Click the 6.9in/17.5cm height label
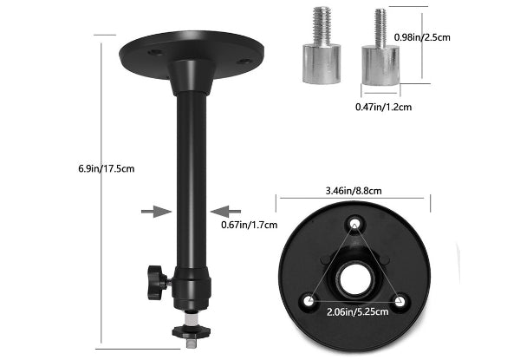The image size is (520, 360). coord(107,168)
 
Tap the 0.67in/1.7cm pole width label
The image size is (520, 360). coord(249,225)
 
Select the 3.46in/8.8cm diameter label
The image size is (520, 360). coord(354,191)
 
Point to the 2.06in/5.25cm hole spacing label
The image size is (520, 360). coord(357,312)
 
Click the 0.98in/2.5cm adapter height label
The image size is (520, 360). coord(422,37)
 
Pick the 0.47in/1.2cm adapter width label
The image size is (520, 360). coord(383,107)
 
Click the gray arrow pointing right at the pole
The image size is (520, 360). coord(157,212)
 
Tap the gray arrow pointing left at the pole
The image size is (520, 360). coord(226,212)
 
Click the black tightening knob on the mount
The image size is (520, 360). coord(158,282)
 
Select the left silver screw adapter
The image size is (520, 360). coord(322,46)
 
